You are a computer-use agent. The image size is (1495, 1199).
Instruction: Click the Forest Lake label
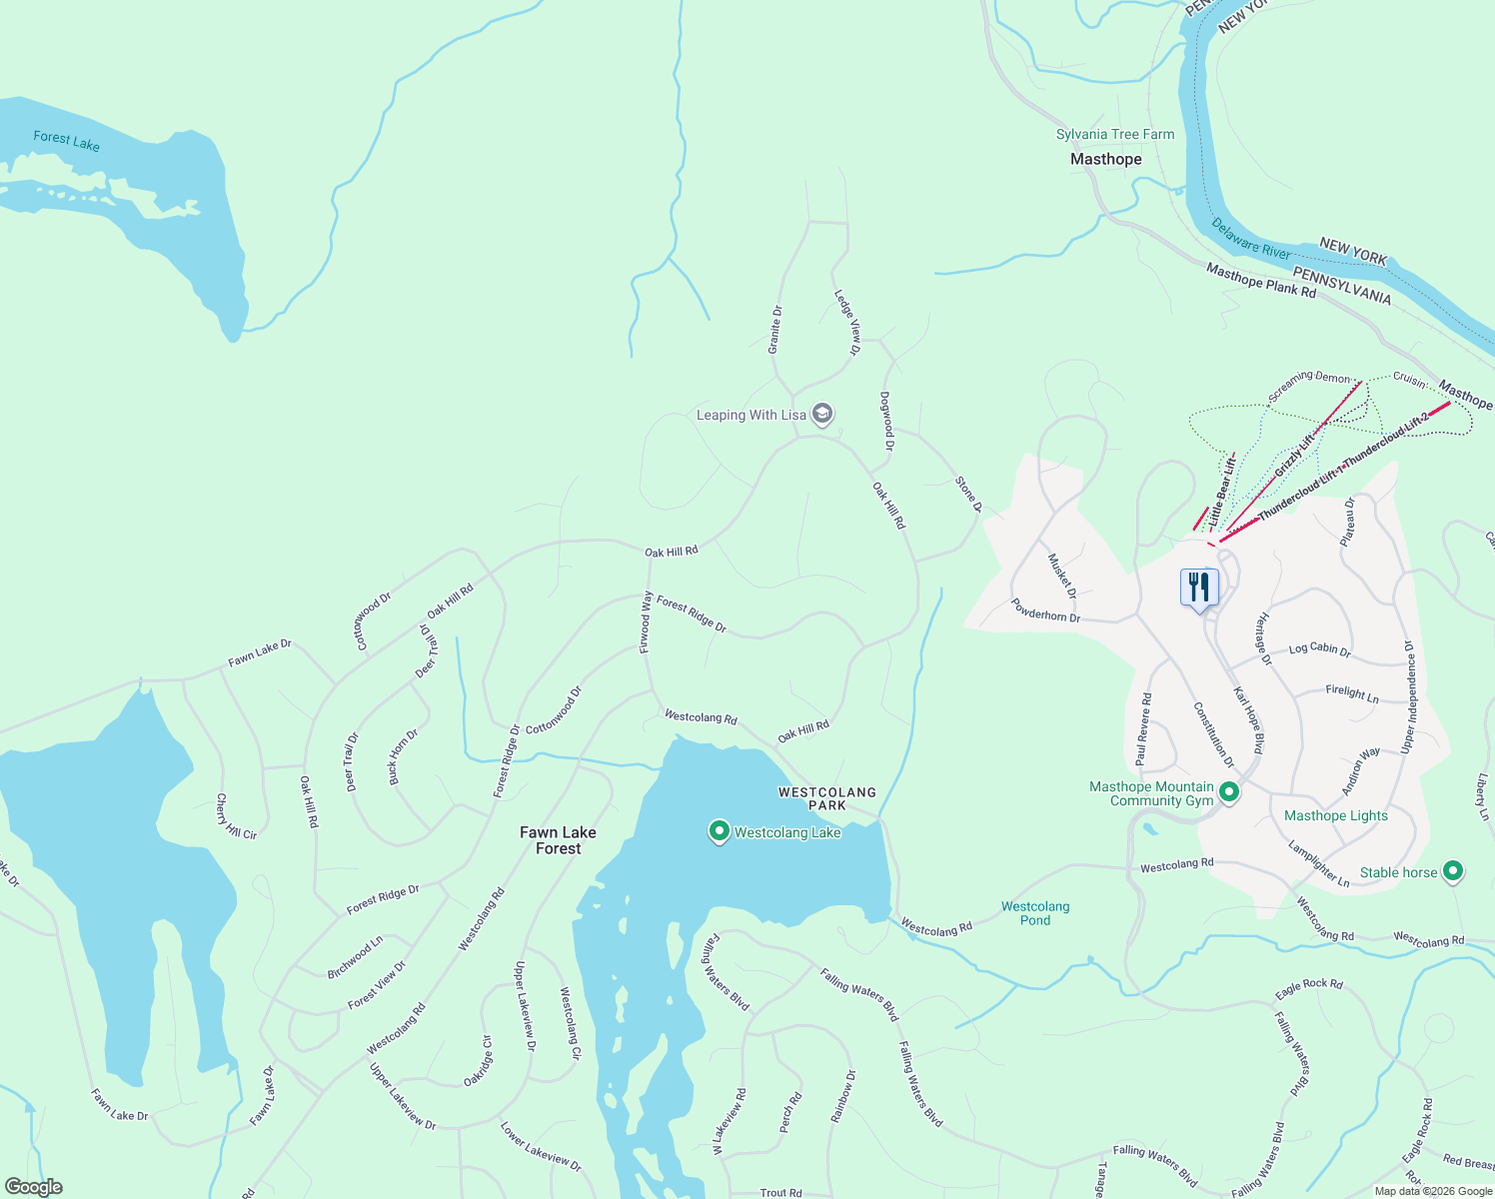tap(66, 141)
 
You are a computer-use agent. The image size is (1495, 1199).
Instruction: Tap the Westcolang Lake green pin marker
tap(719, 831)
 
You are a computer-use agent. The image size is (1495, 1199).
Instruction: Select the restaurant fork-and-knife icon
tap(1199, 588)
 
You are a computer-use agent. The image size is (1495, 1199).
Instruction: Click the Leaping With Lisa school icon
tap(822, 414)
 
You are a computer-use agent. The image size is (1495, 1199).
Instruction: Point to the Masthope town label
tap(1105, 159)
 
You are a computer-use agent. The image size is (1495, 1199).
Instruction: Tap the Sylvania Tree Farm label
tap(1115, 134)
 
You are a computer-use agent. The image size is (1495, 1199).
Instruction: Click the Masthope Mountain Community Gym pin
tap(1230, 792)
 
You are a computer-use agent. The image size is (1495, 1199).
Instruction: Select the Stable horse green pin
tap(1454, 871)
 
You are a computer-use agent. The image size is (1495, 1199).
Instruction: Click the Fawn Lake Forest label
tap(558, 840)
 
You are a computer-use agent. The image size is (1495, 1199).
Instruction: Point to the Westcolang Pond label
tap(1035, 913)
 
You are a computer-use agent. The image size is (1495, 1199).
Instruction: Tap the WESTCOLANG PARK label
tap(827, 798)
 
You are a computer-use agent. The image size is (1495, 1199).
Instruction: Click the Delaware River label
tap(1250, 239)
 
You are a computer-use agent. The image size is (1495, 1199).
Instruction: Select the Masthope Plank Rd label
tap(1260, 280)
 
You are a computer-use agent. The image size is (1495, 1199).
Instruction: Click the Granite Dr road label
tap(774, 331)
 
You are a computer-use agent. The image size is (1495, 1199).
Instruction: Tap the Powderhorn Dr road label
tap(1045, 610)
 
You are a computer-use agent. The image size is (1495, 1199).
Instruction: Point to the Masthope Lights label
tap(1335, 815)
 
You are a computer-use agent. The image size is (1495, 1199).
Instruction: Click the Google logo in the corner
tap(33, 1187)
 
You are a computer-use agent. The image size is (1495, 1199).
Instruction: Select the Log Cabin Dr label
tap(1319, 649)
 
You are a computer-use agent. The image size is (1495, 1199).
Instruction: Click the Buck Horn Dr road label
tap(403, 756)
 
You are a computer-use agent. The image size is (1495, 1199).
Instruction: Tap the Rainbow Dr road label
tap(843, 1096)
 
